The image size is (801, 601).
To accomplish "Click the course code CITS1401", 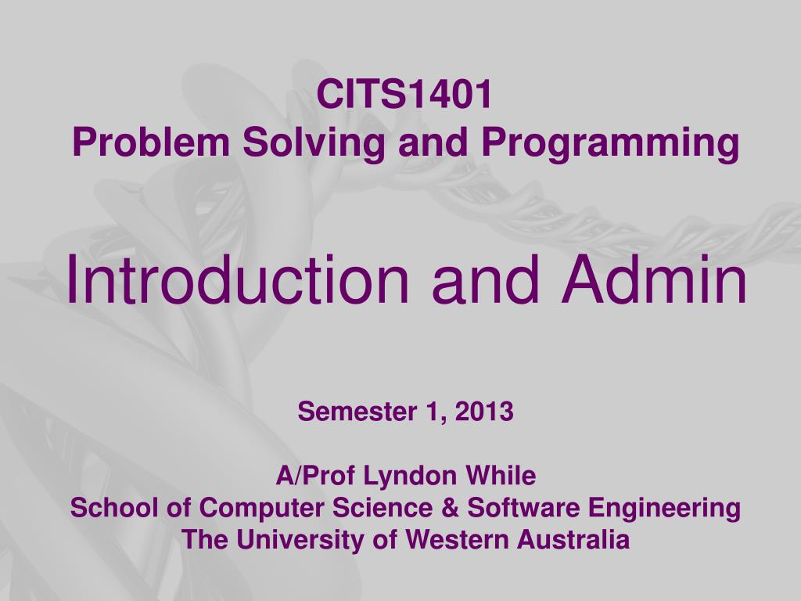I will (x=405, y=95).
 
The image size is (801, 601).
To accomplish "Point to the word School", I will (x=114, y=508).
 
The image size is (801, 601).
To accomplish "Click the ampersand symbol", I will (x=450, y=508).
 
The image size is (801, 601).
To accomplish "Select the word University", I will (x=300, y=541).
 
